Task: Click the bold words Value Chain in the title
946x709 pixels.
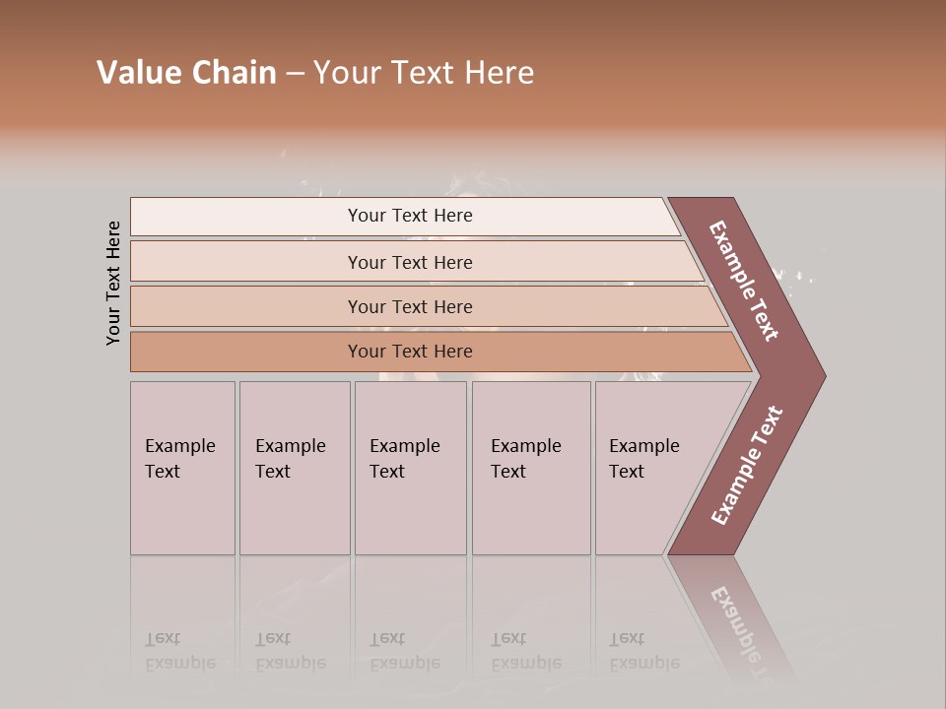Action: tap(186, 73)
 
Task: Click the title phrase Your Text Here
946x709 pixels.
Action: tap(424, 73)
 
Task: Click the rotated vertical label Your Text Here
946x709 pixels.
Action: tap(114, 284)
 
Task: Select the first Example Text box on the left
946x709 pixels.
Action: tap(182, 468)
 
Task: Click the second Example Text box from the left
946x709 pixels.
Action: tap(295, 468)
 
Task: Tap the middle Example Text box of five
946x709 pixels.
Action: tap(410, 468)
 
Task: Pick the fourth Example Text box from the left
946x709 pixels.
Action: tap(531, 468)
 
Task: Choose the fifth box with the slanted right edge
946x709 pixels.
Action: tap(650, 468)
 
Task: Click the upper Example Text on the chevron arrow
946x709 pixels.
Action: tap(745, 281)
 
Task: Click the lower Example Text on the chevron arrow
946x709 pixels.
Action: tap(747, 466)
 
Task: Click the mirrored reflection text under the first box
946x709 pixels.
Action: tap(179, 651)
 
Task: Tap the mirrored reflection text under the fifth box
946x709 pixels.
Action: tap(643, 651)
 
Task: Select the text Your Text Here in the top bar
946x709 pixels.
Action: tap(410, 216)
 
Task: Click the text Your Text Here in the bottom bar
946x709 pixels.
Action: tap(410, 352)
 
